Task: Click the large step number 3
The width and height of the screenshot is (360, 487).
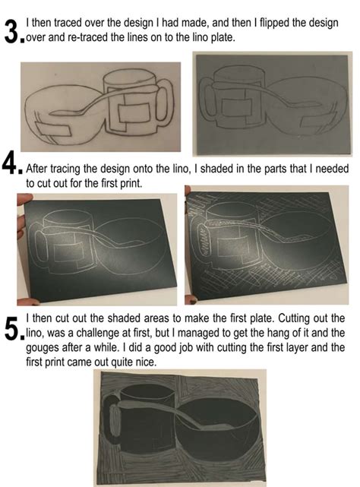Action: pyautogui.click(x=13, y=30)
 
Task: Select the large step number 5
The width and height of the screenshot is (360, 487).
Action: pyautogui.click(x=13, y=327)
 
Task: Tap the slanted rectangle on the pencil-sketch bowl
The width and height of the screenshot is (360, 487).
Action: pyautogui.click(x=53, y=129)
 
